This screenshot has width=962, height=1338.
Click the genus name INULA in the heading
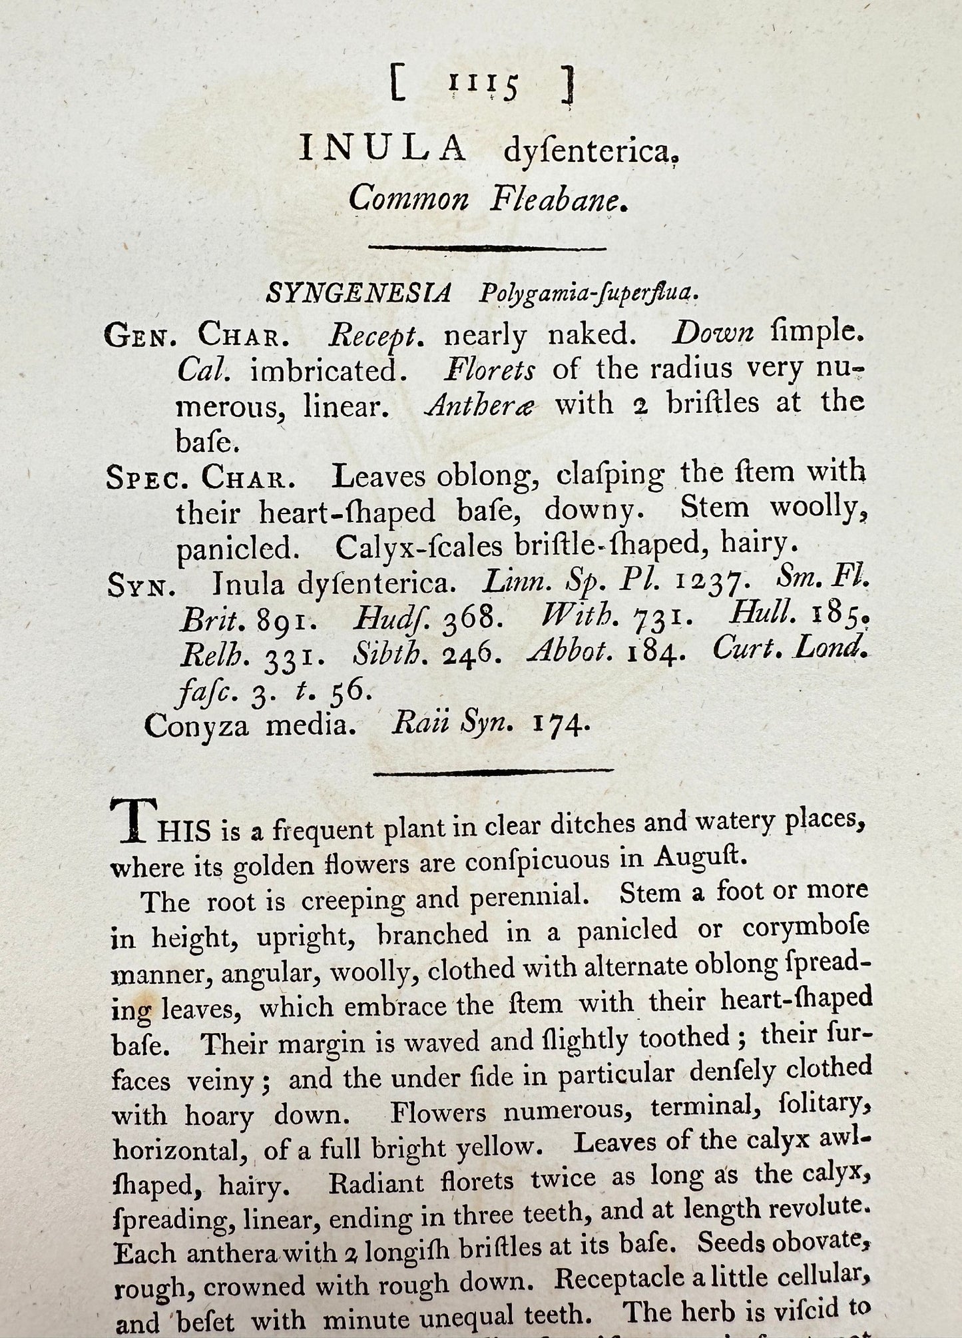coord(383,148)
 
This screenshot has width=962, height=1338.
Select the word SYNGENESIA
coord(359,292)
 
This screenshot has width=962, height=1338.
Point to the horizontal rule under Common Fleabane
coord(487,248)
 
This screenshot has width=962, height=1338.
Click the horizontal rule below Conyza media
coord(493,772)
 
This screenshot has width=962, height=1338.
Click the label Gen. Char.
coord(197,335)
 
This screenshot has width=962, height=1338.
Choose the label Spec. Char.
coord(200,477)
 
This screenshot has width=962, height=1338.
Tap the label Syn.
coord(141,587)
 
